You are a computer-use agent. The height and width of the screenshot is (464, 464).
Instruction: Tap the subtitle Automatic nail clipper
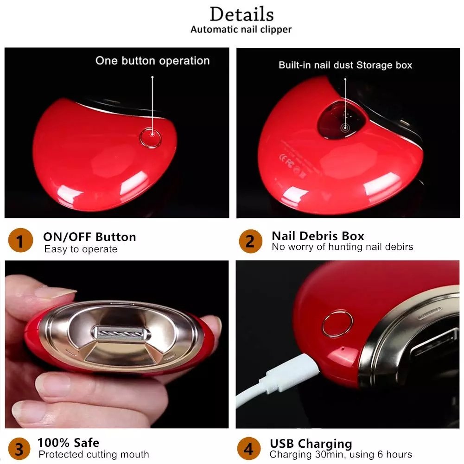coord(241,30)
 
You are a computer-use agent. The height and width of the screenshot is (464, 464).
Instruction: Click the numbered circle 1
coord(20,242)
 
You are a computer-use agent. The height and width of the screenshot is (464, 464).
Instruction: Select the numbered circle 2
coord(250,242)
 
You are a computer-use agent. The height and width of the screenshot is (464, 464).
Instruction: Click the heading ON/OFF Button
coord(89,237)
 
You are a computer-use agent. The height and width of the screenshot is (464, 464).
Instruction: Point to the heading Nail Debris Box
coord(318,236)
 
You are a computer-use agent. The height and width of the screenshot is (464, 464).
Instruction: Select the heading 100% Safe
coord(68,443)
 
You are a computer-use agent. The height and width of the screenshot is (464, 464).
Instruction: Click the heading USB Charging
coord(311,444)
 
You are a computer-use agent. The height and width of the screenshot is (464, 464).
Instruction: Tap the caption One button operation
coord(153,61)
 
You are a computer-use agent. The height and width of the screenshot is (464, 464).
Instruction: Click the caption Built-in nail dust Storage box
coord(345,65)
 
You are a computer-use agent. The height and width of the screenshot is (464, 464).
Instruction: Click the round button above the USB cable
coord(337,323)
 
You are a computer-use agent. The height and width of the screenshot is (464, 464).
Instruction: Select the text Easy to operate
coord(81,249)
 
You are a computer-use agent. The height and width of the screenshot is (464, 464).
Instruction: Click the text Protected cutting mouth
coord(94,454)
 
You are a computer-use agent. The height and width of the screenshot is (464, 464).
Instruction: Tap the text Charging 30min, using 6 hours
coord(341,454)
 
